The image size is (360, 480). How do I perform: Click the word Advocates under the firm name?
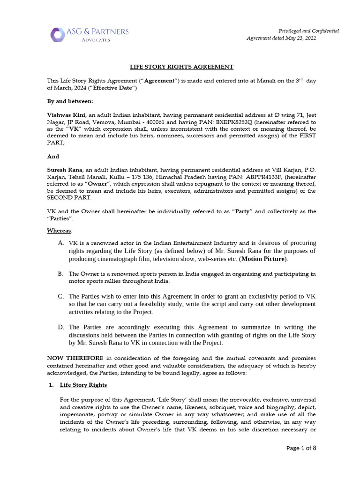pos(95,40)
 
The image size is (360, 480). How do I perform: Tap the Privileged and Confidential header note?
pos(309,30)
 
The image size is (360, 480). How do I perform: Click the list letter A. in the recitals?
pos(61,243)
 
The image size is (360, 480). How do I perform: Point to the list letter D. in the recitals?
pos(61,327)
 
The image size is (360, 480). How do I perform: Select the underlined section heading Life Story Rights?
pos(83,385)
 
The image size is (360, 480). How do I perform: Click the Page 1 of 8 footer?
pos(301,448)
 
